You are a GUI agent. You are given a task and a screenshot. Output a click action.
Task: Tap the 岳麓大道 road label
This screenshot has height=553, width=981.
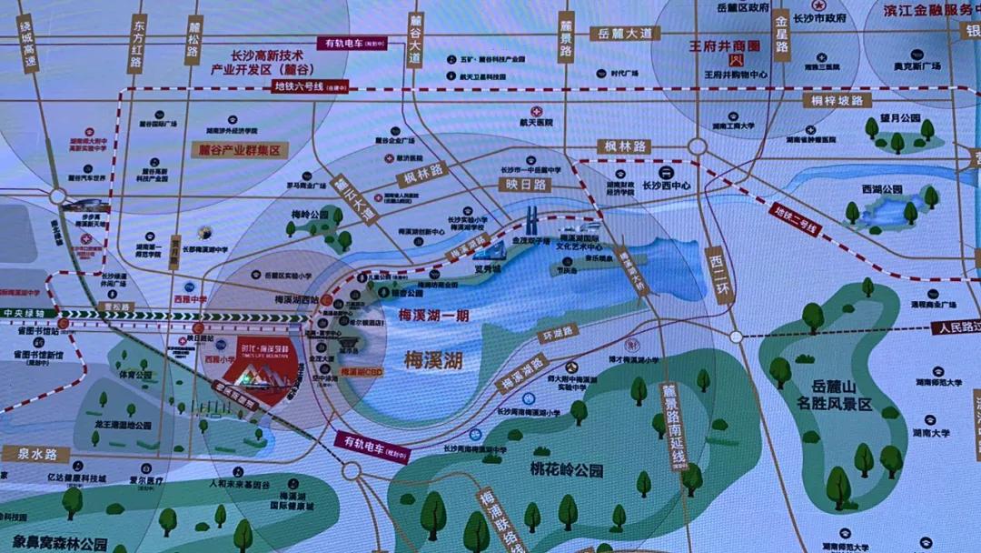point(624,34)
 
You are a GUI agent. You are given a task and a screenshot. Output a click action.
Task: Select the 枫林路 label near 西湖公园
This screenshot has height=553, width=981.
point(624,146)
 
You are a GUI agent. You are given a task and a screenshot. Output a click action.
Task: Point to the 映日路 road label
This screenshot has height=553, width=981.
point(525,184)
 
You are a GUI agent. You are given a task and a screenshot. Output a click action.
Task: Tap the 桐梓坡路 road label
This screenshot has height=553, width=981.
point(837,100)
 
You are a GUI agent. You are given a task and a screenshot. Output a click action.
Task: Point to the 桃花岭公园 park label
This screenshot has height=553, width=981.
point(567,470)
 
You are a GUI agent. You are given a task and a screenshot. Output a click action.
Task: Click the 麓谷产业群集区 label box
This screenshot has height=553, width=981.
point(239,151)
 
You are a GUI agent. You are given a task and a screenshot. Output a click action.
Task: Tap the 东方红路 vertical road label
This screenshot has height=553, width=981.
point(138,43)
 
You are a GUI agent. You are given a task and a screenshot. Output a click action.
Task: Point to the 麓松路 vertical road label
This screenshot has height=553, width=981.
point(193,40)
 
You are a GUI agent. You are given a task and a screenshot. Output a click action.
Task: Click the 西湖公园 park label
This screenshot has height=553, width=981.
point(882,189)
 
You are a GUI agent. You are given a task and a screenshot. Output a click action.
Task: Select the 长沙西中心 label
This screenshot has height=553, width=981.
point(666,185)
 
